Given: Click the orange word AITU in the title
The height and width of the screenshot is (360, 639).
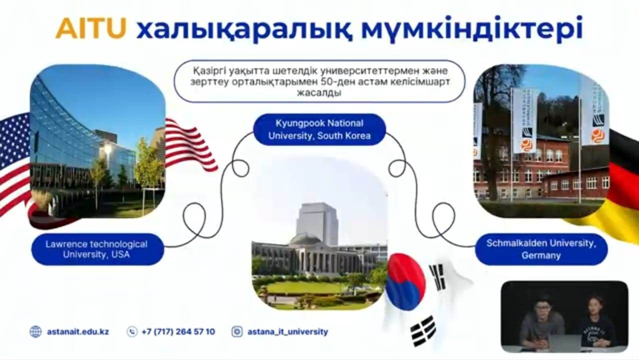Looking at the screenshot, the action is click(x=91, y=28).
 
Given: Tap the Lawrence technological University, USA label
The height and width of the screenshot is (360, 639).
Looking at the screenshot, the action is click(x=97, y=249).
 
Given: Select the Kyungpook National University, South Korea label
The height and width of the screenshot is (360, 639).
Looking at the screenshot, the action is click(x=319, y=129).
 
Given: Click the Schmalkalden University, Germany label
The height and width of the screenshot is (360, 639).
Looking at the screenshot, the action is click(x=541, y=249).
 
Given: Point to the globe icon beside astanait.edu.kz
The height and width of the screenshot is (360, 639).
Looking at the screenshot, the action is click(x=35, y=332).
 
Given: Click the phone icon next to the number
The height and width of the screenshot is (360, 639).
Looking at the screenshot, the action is click(x=132, y=332).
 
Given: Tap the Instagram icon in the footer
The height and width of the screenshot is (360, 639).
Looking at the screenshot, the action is click(x=237, y=332).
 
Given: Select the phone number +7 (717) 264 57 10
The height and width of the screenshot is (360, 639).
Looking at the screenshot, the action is click(x=178, y=332).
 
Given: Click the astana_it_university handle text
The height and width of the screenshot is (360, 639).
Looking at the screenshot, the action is click(x=288, y=332).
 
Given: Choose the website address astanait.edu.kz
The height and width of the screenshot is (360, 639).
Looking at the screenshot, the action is click(x=78, y=332).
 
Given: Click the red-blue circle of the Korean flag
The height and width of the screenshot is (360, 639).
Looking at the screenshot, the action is click(x=405, y=282).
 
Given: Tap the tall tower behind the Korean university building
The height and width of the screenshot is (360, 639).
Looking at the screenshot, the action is click(x=317, y=224).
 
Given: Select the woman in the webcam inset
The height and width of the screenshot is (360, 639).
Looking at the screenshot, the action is click(x=593, y=322).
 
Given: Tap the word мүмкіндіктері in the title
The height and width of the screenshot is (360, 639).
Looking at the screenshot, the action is click(x=472, y=28).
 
